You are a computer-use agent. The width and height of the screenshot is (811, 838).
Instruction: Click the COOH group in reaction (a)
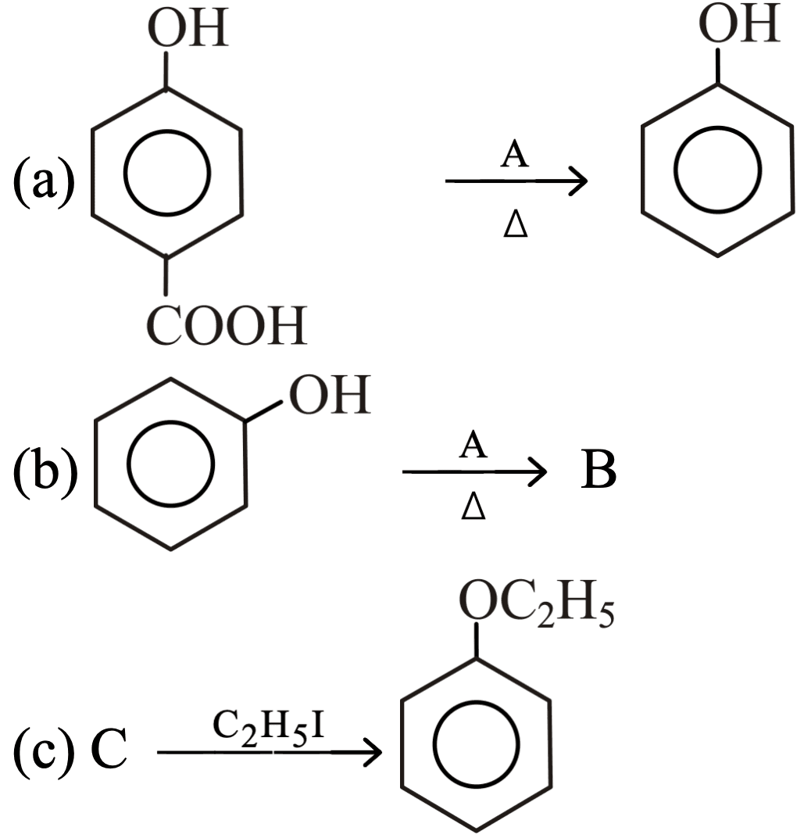(x=227, y=325)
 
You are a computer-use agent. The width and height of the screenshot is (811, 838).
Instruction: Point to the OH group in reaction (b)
(x=330, y=395)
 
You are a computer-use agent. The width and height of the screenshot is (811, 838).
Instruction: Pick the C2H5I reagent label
(x=268, y=728)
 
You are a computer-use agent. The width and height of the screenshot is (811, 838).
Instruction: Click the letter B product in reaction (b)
(x=598, y=471)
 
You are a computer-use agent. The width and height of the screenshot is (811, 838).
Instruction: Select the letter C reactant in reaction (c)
(x=109, y=748)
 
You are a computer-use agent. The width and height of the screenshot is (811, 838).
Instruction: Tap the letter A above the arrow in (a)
(x=514, y=154)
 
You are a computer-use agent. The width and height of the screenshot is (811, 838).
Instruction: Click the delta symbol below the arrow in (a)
(x=516, y=224)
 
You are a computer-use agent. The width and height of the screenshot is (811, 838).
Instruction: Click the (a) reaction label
(x=44, y=181)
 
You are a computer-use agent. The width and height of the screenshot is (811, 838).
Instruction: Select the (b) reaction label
(x=45, y=471)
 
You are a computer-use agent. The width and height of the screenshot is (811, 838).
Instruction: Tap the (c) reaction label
(x=44, y=750)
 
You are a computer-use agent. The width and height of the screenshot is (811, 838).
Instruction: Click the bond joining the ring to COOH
(x=166, y=275)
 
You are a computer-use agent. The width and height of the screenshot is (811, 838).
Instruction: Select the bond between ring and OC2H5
(x=476, y=640)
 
